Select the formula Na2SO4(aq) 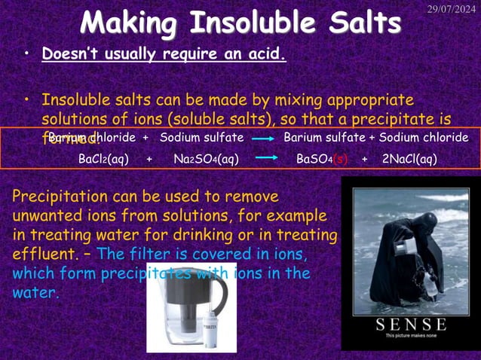[x=207, y=159]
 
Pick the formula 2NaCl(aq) [x=409, y=159]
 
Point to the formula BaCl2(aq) [x=104, y=159]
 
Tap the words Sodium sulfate [x=201, y=138]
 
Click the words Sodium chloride [x=424, y=138]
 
